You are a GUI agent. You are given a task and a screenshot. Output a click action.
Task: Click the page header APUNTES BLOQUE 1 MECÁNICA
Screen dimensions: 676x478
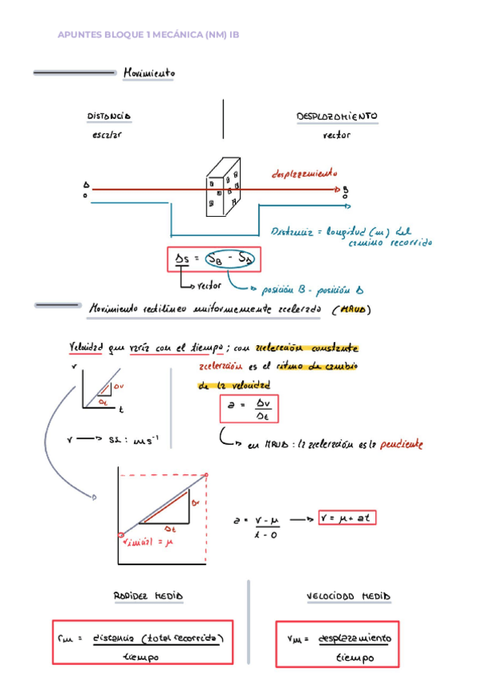tap(148, 35)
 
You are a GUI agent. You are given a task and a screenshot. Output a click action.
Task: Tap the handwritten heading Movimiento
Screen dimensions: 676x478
tap(149, 73)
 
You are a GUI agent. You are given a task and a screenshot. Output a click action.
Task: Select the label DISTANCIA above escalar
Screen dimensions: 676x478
tap(108, 116)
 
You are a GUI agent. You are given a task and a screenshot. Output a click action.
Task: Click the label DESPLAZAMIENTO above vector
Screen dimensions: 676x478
tap(337, 116)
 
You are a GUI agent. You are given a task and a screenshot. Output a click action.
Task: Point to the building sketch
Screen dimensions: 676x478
tap(223, 186)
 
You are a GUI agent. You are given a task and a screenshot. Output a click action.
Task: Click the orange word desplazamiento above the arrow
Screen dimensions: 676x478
tap(304, 172)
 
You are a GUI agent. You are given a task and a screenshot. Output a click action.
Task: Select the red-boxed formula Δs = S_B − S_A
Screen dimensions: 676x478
tap(214, 259)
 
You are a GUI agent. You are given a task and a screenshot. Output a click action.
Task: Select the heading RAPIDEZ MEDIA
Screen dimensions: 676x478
tap(148, 595)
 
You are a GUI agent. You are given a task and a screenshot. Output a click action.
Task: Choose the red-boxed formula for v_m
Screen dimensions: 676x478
tap(336, 643)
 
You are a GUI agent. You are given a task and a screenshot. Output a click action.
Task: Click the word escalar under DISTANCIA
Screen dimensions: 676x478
tap(108, 135)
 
